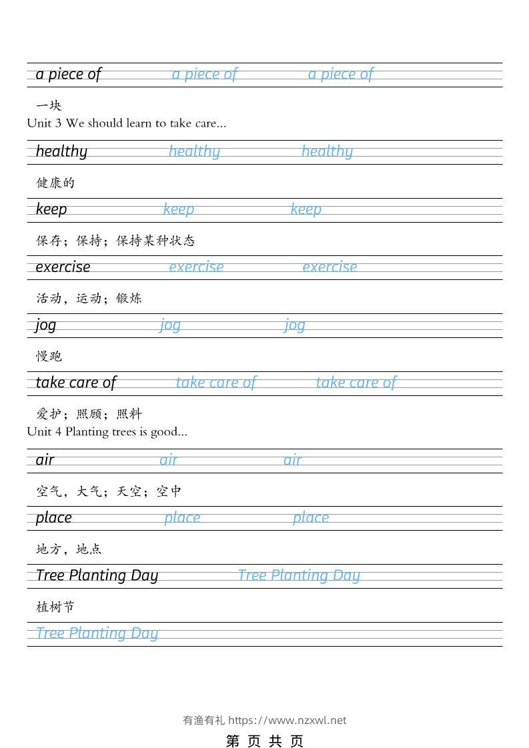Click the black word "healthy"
(61, 151)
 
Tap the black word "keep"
(51, 209)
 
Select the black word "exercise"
(63, 267)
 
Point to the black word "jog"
(46, 325)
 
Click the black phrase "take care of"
(75, 383)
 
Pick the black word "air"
(45, 460)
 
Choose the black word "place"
(53, 518)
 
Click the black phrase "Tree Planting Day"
(97, 575)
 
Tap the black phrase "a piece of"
(68, 74)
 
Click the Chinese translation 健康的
(55, 183)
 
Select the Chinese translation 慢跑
(49, 356)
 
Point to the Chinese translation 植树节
(55, 607)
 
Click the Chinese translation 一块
(49, 105)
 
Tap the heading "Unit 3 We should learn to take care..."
(127, 123)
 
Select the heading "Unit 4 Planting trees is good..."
(107, 431)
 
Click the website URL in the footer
(288, 720)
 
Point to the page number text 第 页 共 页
(265, 741)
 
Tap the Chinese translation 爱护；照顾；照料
(89, 414)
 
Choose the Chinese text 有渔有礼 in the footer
(203, 720)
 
